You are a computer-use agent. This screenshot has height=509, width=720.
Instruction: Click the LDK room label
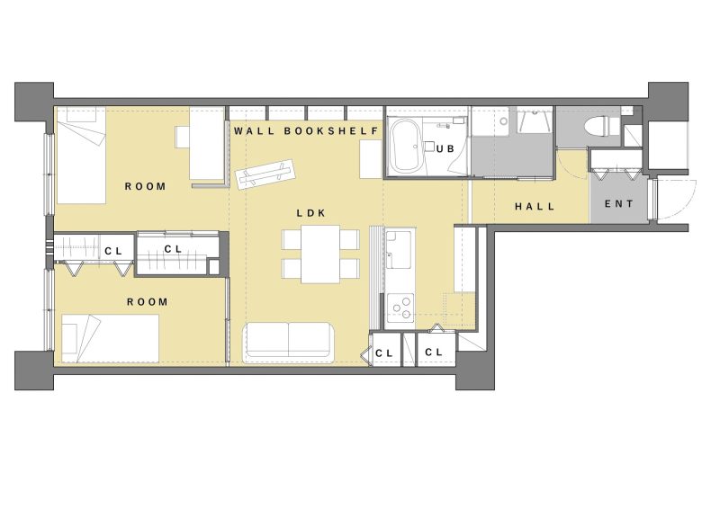pyautogui.click(x=310, y=213)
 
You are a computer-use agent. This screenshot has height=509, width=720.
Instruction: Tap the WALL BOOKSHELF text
pyautogui.click(x=306, y=130)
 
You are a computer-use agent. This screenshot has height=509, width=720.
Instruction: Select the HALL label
pyautogui.click(x=535, y=207)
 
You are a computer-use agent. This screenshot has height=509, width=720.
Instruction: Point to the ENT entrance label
pyautogui.click(x=618, y=204)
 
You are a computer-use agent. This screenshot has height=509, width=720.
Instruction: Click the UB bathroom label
pyautogui.click(x=445, y=148)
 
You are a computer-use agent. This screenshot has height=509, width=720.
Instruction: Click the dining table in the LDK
pyautogui.click(x=320, y=254)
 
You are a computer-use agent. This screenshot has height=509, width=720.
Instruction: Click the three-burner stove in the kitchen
pyautogui.click(x=400, y=308)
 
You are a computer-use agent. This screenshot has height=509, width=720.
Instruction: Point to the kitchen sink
pyautogui.click(x=398, y=250)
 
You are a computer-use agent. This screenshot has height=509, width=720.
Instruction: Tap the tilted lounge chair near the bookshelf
pyautogui.click(x=265, y=174)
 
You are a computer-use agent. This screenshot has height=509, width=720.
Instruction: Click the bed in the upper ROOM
pyautogui.click(x=81, y=156)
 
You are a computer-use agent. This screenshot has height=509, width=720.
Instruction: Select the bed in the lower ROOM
pyautogui.click(x=110, y=338)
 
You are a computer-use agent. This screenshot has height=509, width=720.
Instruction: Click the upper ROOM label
pyautogui.click(x=146, y=186)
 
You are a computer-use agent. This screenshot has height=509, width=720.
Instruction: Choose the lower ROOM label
pyautogui.click(x=148, y=302)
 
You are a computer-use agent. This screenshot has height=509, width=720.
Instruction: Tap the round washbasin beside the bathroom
pyautogui.click(x=504, y=121)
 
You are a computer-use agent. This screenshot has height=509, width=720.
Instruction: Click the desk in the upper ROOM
pyautogui.click(x=207, y=143)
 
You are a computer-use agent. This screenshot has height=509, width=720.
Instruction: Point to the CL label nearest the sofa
pyautogui.click(x=384, y=353)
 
